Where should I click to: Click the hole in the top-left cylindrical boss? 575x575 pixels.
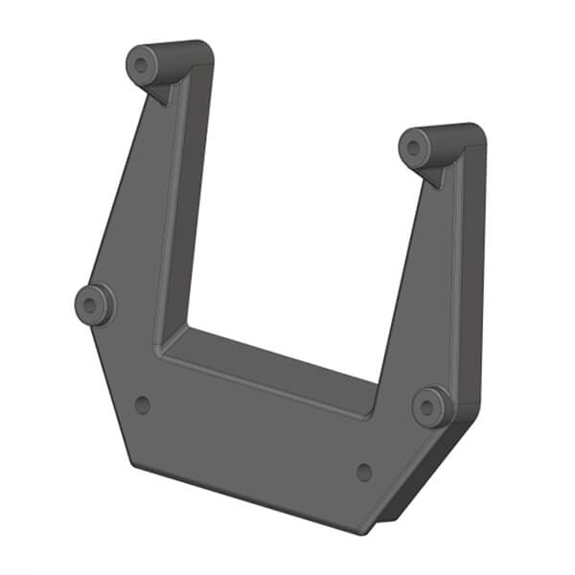tap(143, 65)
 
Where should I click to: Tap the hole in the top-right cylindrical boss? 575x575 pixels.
tap(415, 148)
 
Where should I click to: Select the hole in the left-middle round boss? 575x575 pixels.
tap(92, 306)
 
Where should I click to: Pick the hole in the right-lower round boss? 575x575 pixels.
tap(430, 406)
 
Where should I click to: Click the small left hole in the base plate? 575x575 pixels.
tap(143, 404)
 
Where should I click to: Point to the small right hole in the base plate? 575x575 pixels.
tap(363, 471)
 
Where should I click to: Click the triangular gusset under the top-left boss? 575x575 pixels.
tap(163, 92)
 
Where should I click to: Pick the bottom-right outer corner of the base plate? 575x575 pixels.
tap(364, 533)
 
